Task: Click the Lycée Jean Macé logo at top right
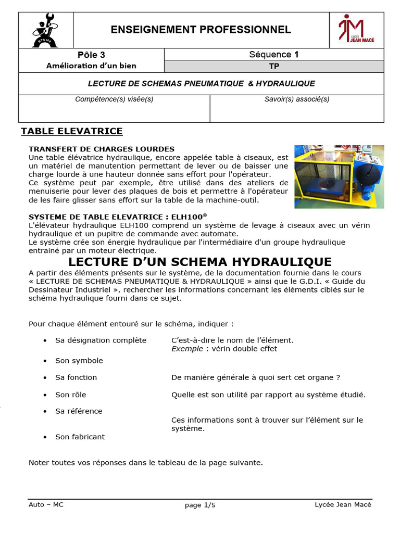point(356,30)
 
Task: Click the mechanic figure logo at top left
point(45,30)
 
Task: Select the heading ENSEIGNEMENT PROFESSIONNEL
point(201,30)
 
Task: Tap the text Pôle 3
point(91,55)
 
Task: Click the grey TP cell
point(274,67)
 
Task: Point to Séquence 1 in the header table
point(274,55)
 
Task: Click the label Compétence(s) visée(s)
point(114,99)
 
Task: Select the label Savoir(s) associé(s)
point(297,99)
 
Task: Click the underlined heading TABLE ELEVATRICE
point(71,131)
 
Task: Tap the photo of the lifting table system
point(339,176)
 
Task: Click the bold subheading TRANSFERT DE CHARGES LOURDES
point(102,149)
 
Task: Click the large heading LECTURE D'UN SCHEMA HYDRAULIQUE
point(200,261)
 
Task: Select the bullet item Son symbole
point(79,361)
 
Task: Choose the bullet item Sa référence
point(79,411)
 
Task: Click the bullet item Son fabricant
point(80,437)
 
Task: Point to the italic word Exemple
point(187,349)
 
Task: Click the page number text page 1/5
point(200,505)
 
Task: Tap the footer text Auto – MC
point(46,504)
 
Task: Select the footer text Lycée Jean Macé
point(343,504)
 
